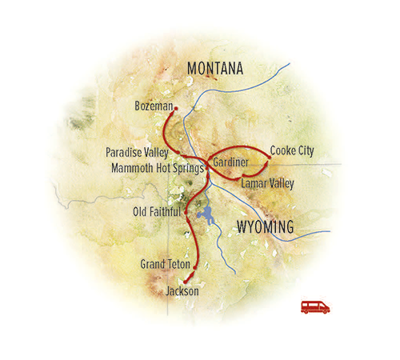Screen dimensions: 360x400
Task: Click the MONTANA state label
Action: point(214,70)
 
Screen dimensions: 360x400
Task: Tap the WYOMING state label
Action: point(266,227)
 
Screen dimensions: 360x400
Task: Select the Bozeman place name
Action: point(154,106)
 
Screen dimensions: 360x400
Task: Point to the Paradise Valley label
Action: point(140,152)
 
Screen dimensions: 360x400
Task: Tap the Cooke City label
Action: point(292,150)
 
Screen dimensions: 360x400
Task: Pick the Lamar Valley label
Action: point(267,183)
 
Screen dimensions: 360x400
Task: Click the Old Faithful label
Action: point(157,212)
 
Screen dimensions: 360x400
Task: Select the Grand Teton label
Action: point(164,264)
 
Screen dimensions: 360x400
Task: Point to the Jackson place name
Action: point(182,291)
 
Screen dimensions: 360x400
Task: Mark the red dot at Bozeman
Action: point(175,108)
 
